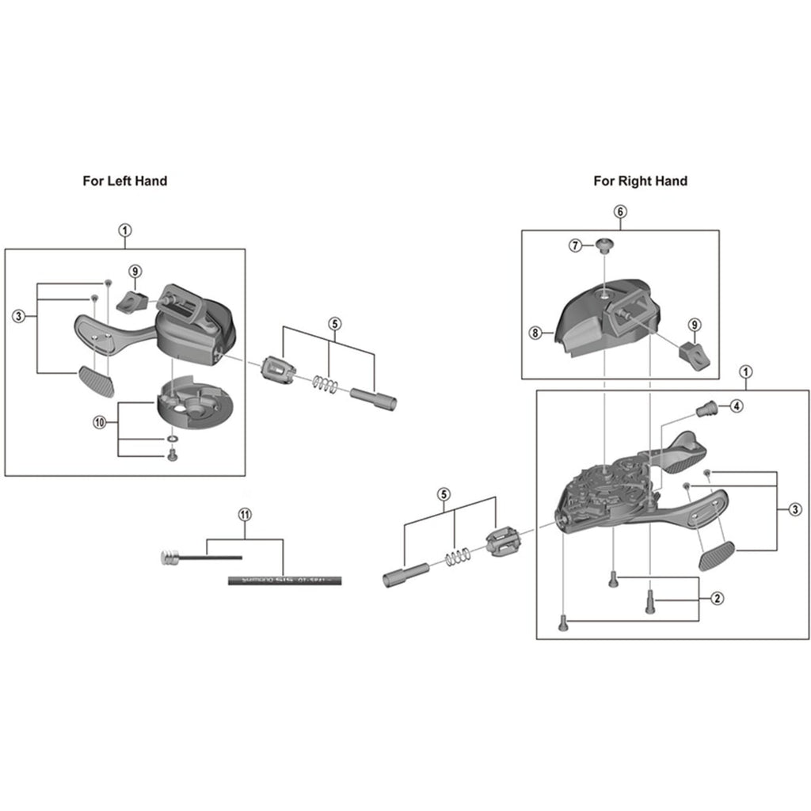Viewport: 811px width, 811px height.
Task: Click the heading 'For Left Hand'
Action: (x=125, y=181)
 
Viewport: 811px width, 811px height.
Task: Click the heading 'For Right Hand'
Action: (x=640, y=181)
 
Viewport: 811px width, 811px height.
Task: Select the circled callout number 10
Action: (x=99, y=423)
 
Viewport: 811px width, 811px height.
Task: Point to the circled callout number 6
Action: (x=620, y=211)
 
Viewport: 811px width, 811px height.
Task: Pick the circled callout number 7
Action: (x=576, y=246)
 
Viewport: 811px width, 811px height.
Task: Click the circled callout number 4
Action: (x=737, y=406)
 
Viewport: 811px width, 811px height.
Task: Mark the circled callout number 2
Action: (x=716, y=598)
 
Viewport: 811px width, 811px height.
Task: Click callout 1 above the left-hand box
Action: (x=124, y=230)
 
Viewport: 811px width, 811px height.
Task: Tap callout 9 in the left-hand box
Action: (x=135, y=272)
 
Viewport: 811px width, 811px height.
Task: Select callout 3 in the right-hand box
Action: (x=794, y=509)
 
